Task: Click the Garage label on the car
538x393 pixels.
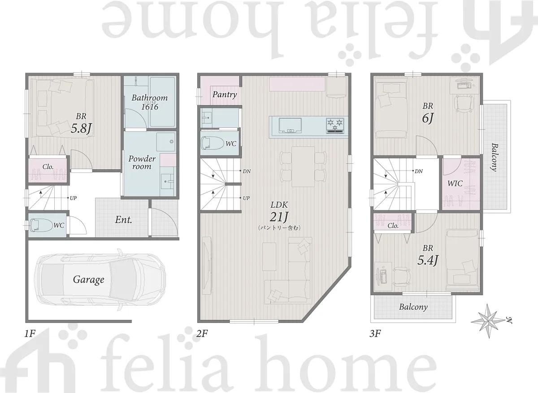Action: point(89,280)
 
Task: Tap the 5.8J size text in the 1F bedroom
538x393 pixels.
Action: point(81,129)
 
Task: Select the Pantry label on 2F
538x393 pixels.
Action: point(225,95)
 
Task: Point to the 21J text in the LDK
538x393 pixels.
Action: point(279,217)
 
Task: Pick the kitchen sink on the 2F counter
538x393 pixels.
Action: point(290,125)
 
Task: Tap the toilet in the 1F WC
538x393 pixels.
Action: point(42,225)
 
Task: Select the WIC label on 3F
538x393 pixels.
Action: point(455,183)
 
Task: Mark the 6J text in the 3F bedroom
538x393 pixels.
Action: point(428,118)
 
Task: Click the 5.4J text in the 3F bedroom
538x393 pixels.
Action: point(428,260)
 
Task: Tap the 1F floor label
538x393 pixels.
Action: point(30,334)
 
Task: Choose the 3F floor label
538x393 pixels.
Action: point(375,334)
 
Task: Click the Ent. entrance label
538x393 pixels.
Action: point(123,220)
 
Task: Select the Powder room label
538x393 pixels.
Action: point(142,162)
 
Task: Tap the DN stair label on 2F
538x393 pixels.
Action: point(247,171)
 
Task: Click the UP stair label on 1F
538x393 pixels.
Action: point(73,198)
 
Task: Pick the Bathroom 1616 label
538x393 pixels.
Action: point(149,102)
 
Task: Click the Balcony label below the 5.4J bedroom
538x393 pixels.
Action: point(413,307)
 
